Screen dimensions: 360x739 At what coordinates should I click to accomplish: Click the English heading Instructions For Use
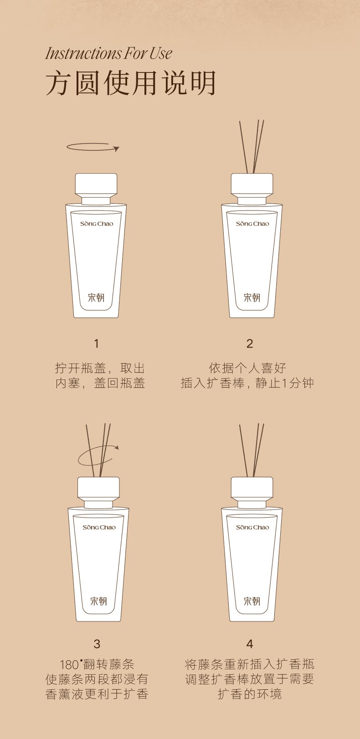[108, 53]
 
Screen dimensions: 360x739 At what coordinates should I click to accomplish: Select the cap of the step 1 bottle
[96, 185]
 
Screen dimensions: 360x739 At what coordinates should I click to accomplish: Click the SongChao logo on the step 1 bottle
[96, 224]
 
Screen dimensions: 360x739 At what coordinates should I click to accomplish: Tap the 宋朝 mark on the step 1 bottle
[96, 298]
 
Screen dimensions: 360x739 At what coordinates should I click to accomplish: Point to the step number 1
[96, 344]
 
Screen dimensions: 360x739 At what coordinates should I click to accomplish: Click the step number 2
[250, 344]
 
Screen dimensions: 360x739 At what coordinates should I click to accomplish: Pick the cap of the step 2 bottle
[252, 185]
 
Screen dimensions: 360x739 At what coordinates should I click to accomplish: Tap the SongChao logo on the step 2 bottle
[252, 224]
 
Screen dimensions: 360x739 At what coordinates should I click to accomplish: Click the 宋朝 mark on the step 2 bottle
[252, 298]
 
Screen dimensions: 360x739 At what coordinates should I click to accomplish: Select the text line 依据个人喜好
[247, 368]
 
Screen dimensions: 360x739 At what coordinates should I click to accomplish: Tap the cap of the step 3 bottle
[98, 488]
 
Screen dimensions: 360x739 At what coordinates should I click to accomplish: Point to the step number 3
[97, 644]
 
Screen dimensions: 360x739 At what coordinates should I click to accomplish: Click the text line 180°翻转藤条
[97, 664]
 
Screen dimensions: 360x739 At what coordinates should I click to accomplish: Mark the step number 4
[250, 644]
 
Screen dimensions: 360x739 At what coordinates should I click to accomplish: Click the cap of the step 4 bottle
[252, 488]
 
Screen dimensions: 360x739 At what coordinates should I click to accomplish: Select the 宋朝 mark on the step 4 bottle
[252, 601]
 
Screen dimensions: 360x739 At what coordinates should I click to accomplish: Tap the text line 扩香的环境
[250, 694]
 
